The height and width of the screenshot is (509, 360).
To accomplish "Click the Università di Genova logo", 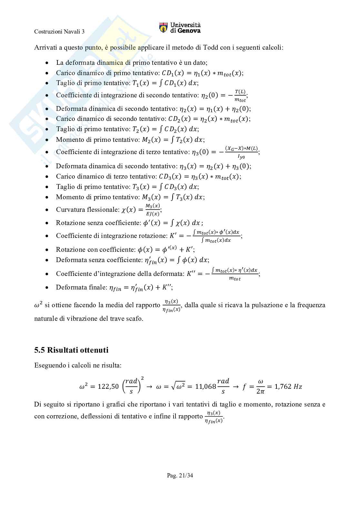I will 180,28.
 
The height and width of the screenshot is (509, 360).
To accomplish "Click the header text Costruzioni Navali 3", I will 59,32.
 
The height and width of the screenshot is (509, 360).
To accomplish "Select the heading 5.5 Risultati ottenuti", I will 71,350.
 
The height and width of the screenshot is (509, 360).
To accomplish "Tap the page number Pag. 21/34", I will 180,475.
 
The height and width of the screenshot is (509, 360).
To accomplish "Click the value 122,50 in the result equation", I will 108,387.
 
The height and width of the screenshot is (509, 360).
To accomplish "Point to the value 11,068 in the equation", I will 205,387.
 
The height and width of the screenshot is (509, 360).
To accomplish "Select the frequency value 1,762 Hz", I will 288,387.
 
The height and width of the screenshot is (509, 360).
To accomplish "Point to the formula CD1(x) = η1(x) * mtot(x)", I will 202,73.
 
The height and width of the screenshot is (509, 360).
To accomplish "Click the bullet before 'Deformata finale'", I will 47,287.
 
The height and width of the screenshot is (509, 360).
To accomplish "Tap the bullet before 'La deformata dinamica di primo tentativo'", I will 47,63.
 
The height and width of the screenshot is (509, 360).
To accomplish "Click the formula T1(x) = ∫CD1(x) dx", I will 165,83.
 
